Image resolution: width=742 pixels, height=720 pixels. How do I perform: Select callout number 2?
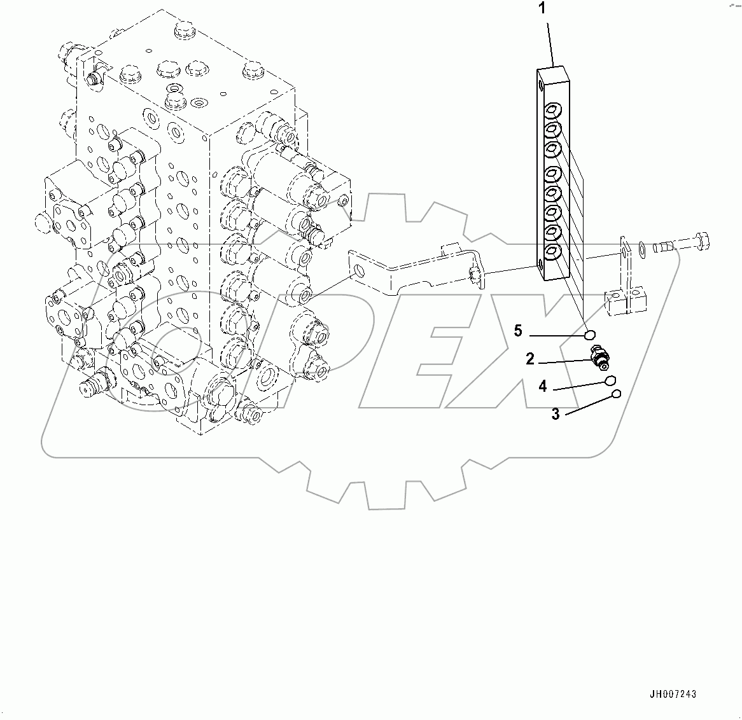(x=529, y=360)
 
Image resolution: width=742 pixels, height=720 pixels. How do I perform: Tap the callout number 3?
(x=556, y=414)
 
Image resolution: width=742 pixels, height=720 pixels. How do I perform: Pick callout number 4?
(x=542, y=386)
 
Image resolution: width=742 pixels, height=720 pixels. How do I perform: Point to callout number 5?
(x=518, y=331)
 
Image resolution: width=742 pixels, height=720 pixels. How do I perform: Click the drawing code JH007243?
(x=673, y=695)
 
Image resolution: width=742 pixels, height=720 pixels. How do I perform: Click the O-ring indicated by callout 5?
(x=590, y=335)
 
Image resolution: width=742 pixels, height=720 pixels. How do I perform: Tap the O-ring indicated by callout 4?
(x=610, y=380)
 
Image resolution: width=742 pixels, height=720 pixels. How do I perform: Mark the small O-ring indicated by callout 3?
(x=616, y=394)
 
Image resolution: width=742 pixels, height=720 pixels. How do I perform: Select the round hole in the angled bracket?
(x=360, y=272)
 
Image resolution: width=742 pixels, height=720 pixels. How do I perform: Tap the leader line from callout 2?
(x=566, y=362)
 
